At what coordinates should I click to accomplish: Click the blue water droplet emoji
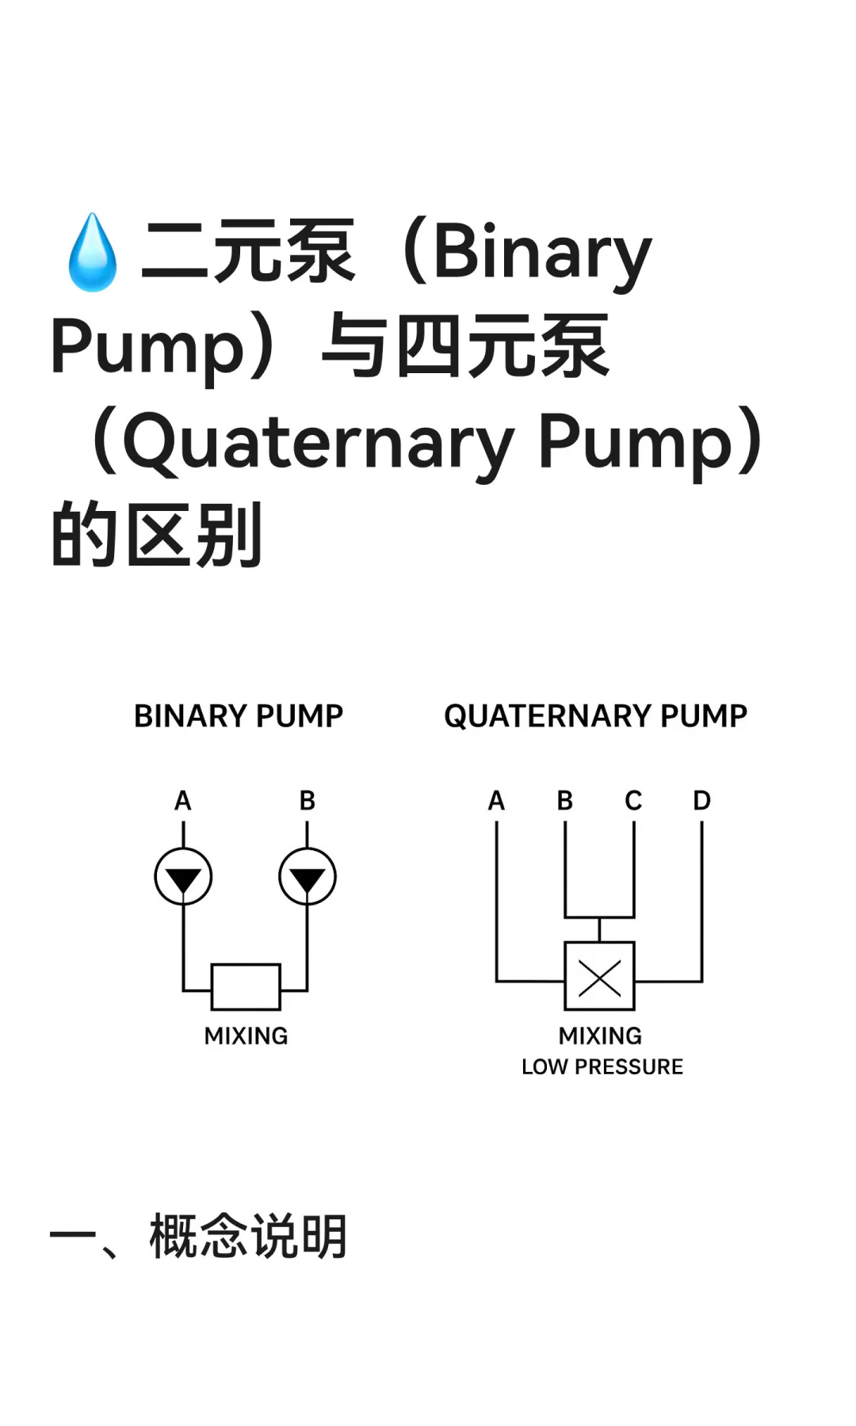93,252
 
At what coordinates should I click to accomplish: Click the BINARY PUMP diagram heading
238,716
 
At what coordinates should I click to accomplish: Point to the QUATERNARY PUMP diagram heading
595,716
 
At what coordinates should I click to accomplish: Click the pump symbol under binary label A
183,876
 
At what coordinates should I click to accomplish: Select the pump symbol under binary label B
308,876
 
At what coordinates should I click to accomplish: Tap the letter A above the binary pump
183,801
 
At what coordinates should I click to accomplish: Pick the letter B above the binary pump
308,801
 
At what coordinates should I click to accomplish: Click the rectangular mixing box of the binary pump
246,986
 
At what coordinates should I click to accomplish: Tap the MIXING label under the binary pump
246,1036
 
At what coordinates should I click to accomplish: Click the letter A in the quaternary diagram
497,801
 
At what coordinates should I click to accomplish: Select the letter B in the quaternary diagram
565,801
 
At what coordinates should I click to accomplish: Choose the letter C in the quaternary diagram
633,801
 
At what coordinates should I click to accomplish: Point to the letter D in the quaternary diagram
701,801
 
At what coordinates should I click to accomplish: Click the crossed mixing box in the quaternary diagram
599,976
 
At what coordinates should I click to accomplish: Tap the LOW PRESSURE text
602,1067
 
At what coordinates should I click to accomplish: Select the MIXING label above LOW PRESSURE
600,1036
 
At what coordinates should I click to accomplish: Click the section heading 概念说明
248,1237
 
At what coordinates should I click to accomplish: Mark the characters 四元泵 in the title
503,347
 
